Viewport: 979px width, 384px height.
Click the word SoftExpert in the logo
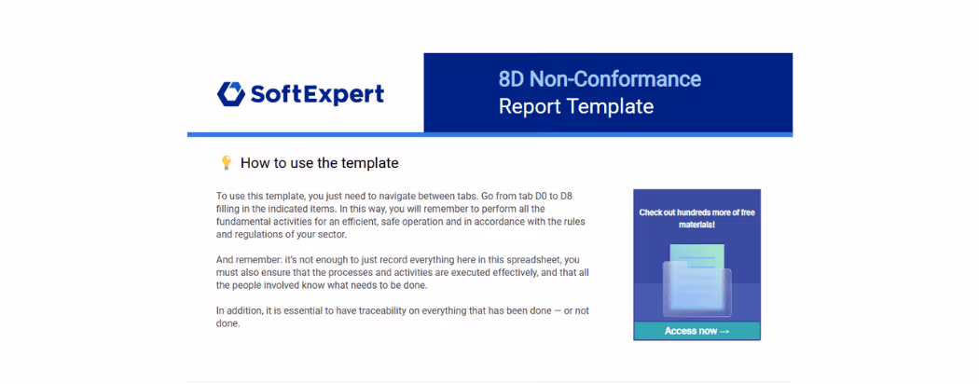[317, 94]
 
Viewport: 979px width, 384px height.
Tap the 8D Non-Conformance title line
[600, 79]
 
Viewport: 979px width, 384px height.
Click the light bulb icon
[226, 163]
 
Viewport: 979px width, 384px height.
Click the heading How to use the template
[319, 163]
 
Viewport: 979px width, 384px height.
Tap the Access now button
[696, 331]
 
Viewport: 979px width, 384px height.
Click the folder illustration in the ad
[696, 281]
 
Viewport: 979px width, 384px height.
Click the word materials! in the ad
[696, 224]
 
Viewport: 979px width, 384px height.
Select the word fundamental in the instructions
[241, 222]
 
